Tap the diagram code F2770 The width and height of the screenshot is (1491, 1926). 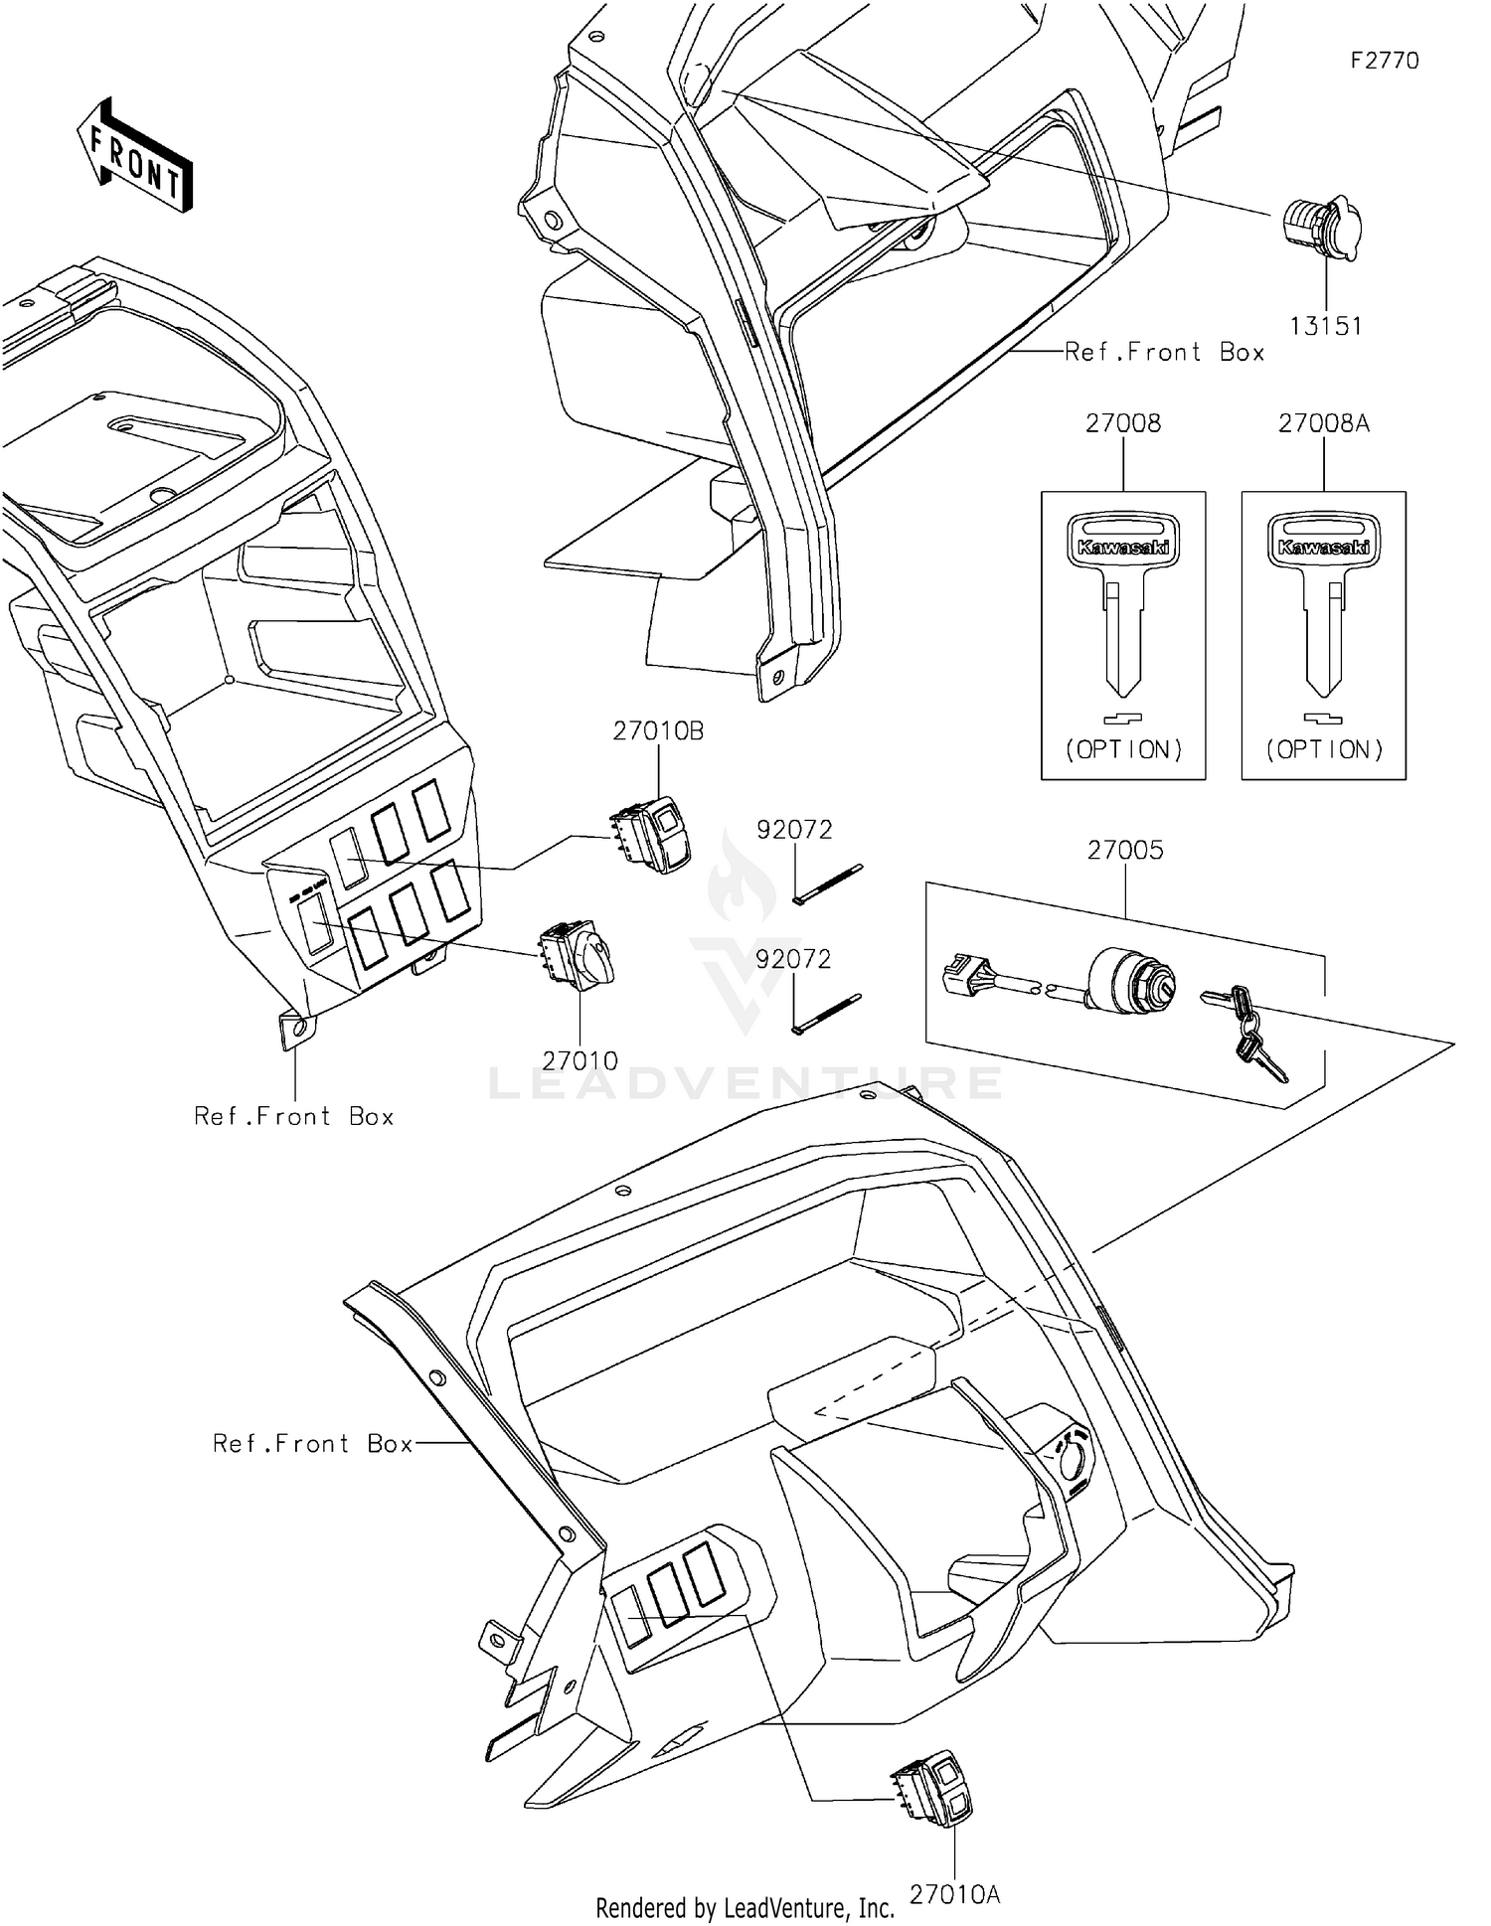click(x=1385, y=61)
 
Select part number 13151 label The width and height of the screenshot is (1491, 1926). click(x=1326, y=326)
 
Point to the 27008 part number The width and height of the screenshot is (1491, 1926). click(x=1123, y=423)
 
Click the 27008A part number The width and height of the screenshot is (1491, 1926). click(x=1324, y=423)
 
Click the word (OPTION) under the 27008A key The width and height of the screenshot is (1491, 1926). click(x=1324, y=749)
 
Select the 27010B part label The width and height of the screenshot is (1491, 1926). click(x=658, y=731)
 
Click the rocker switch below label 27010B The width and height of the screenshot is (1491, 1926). click(x=652, y=836)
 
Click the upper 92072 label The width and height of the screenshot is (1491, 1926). click(x=794, y=830)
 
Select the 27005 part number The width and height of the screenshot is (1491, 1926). click(x=1124, y=851)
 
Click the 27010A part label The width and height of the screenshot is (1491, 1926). click(x=954, y=1895)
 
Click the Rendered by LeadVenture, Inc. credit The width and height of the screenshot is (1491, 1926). click(x=745, y=1908)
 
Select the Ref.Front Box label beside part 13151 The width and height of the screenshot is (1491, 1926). click(x=1164, y=352)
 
